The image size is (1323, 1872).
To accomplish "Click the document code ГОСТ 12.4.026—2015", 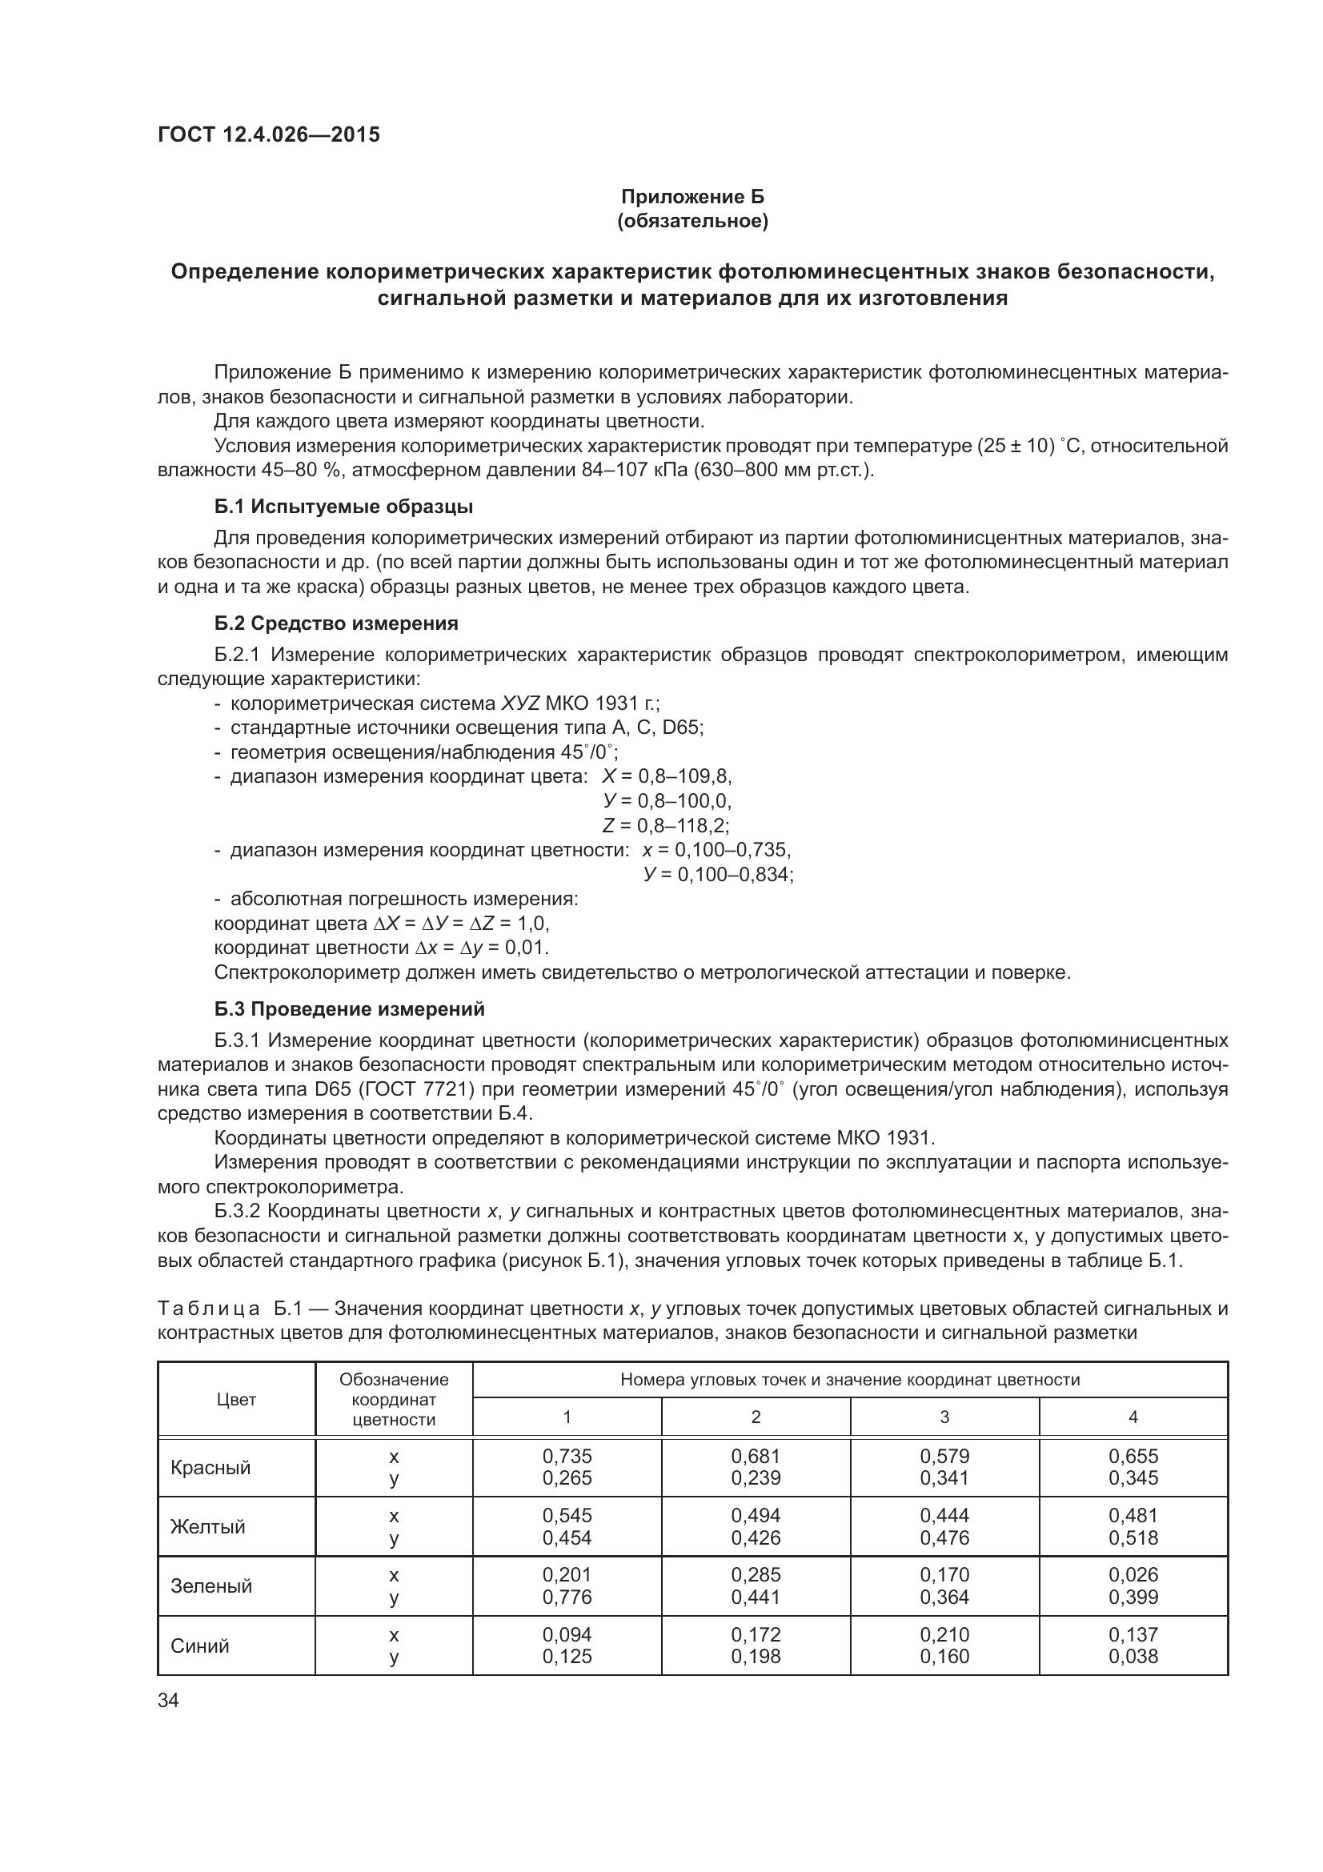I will (x=268, y=134).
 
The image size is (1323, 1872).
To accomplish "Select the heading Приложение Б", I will (x=692, y=197).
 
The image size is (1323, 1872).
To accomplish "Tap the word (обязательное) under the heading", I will (x=692, y=221).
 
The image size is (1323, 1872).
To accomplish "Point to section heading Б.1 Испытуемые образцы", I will (x=343, y=507).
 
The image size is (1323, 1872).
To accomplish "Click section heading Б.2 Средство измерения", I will (x=336, y=623).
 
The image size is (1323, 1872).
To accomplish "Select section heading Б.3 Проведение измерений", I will (x=349, y=1008).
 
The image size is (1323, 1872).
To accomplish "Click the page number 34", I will (x=168, y=1700).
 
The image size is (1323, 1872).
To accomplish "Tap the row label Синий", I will (x=200, y=1646).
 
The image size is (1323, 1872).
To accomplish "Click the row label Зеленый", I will (x=211, y=1585).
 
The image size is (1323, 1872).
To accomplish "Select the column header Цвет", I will (x=236, y=1399).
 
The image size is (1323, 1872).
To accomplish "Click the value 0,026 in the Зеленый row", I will (x=1133, y=1575).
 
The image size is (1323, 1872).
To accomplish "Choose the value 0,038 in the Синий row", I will (x=1133, y=1656).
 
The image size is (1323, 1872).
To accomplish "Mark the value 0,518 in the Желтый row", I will (x=1133, y=1537).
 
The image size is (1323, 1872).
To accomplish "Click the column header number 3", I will (x=944, y=1417).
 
